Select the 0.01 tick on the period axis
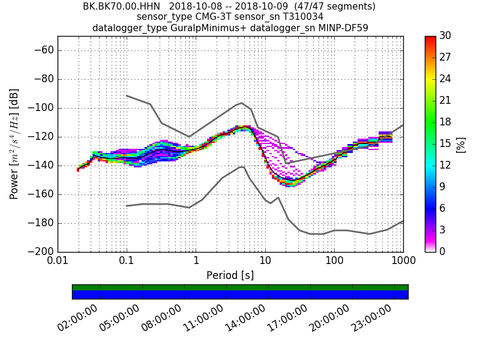click(58, 261)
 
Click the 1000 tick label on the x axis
click(403, 261)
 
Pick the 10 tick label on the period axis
click(265, 261)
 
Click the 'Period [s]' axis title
click(230, 275)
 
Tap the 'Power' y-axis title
click(14, 144)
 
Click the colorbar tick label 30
click(445, 36)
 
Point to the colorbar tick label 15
click(445, 143)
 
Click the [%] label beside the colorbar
click(461, 144)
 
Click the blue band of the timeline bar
click(240, 295)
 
